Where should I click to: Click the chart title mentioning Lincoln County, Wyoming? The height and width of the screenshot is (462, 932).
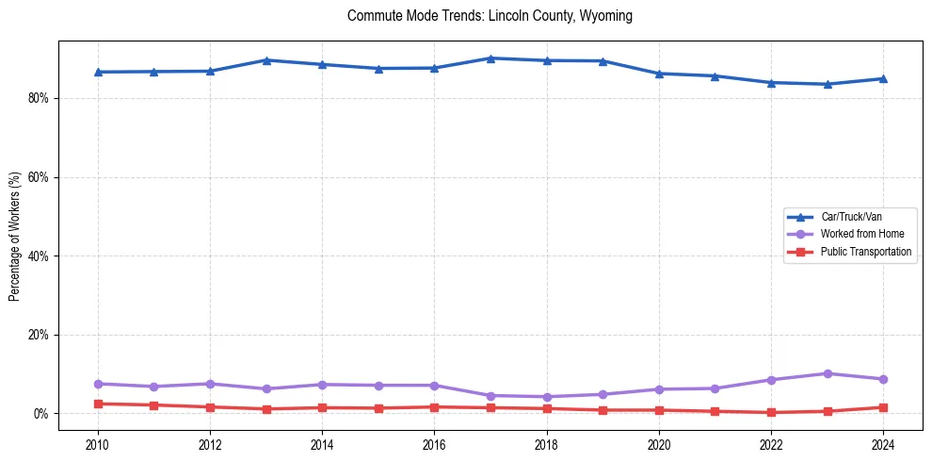[x=490, y=16]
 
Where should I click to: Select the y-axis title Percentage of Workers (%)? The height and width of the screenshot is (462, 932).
[x=14, y=237]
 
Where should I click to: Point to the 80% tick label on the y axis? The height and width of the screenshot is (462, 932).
[x=37, y=98]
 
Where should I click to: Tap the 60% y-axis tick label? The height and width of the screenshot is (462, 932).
[x=37, y=177]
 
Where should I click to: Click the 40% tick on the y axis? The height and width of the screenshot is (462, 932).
[x=37, y=256]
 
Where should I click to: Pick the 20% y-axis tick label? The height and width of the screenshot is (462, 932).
[x=37, y=335]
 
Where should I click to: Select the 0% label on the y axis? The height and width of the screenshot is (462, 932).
[x=40, y=414]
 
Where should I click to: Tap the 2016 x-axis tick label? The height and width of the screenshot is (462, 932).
[x=434, y=443]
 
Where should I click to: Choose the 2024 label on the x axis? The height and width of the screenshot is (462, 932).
[x=883, y=443]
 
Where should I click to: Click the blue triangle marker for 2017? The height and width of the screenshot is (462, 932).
[x=490, y=58]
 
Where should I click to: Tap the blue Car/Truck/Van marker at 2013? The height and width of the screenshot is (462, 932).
[x=266, y=60]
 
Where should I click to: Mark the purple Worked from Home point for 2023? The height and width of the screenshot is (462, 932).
[x=828, y=373]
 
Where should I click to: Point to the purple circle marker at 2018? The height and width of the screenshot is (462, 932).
[x=547, y=397]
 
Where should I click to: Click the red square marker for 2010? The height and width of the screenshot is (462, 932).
[x=98, y=404]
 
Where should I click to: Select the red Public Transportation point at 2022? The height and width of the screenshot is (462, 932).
[x=771, y=412]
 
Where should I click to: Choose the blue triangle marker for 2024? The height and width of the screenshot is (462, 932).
[x=883, y=78]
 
